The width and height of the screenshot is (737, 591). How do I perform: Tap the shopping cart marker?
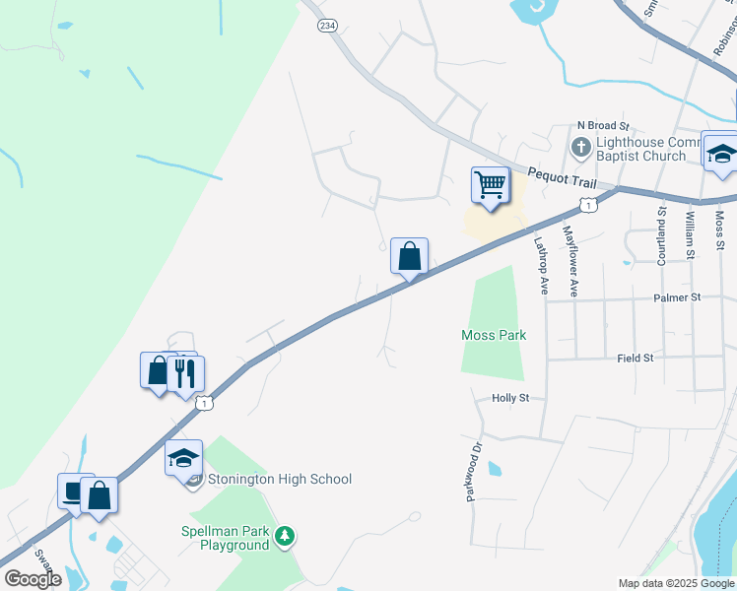click(x=490, y=184)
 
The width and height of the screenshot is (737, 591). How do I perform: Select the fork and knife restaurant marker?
click(x=184, y=372)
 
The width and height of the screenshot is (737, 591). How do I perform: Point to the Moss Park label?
click(x=494, y=335)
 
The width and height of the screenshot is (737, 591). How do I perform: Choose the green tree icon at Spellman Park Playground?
click(x=285, y=536)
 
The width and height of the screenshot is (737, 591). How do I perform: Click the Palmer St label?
click(x=675, y=296)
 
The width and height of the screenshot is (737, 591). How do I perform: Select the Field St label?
click(x=636, y=359)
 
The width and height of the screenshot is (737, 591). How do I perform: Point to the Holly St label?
click(x=510, y=398)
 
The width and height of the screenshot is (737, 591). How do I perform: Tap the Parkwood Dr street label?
click(x=475, y=471)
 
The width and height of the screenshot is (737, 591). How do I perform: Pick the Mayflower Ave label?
click(x=570, y=261)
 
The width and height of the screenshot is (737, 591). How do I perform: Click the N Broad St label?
click(x=603, y=126)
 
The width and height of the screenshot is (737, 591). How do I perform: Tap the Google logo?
click(x=33, y=579)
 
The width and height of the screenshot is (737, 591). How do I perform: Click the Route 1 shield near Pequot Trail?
click(x=587, y=204)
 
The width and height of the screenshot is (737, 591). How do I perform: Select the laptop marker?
click(x=74, y=492)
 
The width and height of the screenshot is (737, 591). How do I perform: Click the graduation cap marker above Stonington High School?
click(x=183, y=457)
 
